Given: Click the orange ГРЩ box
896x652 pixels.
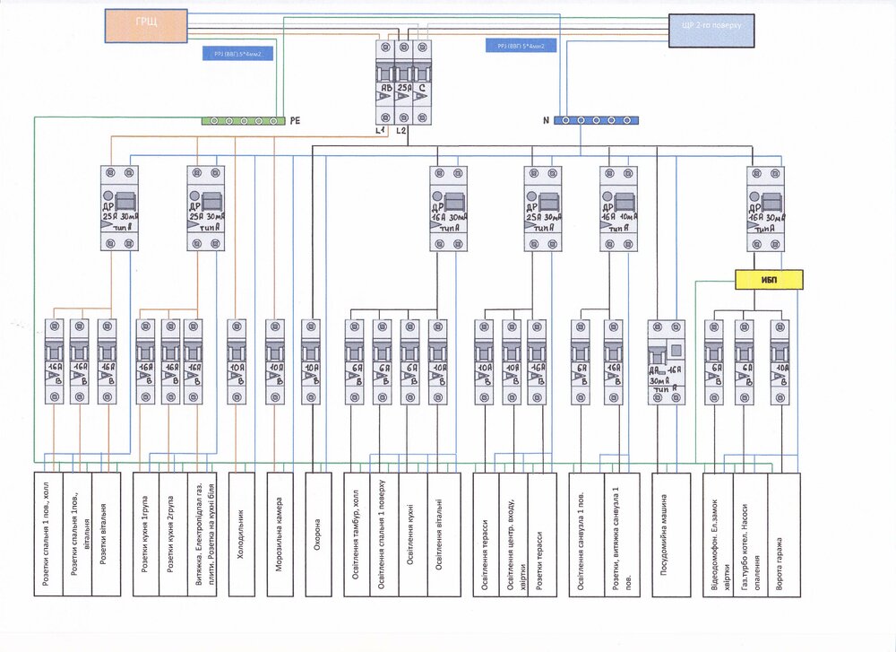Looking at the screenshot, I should tap(145, 26).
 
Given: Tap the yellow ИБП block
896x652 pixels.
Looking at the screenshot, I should tap(770, 280).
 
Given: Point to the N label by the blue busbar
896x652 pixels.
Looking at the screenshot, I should tap(545, 119).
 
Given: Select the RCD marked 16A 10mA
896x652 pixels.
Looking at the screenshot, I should tap(618, 207).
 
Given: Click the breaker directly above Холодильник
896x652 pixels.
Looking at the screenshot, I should tap(237, 361).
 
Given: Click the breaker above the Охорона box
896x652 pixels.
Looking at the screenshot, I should tap(310, 361).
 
